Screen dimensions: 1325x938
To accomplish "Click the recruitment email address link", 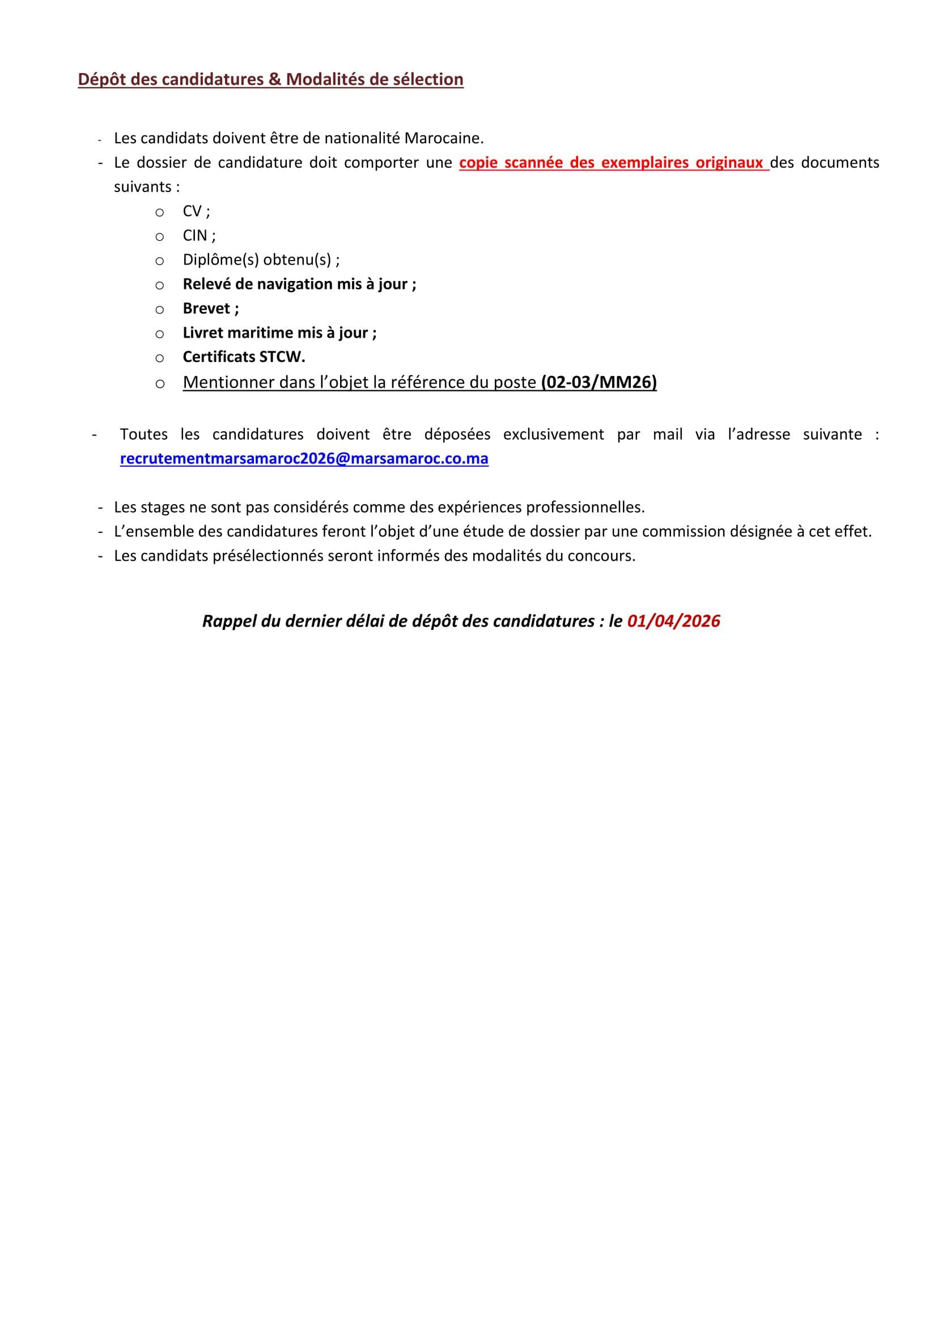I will [x=304, y=458].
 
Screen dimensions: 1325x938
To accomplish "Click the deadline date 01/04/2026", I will [x=673, y=621].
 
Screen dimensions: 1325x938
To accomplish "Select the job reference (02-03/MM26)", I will [x=599, y=382].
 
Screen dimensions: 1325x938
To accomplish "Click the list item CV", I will [x=192, y=211].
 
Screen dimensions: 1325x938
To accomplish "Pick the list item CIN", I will [x=195, y=236].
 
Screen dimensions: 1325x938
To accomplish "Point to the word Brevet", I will [x=206, y=308].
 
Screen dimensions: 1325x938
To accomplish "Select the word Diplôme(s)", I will [x=220, y=260].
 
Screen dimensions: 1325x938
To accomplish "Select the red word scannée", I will [x=534, y=163].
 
